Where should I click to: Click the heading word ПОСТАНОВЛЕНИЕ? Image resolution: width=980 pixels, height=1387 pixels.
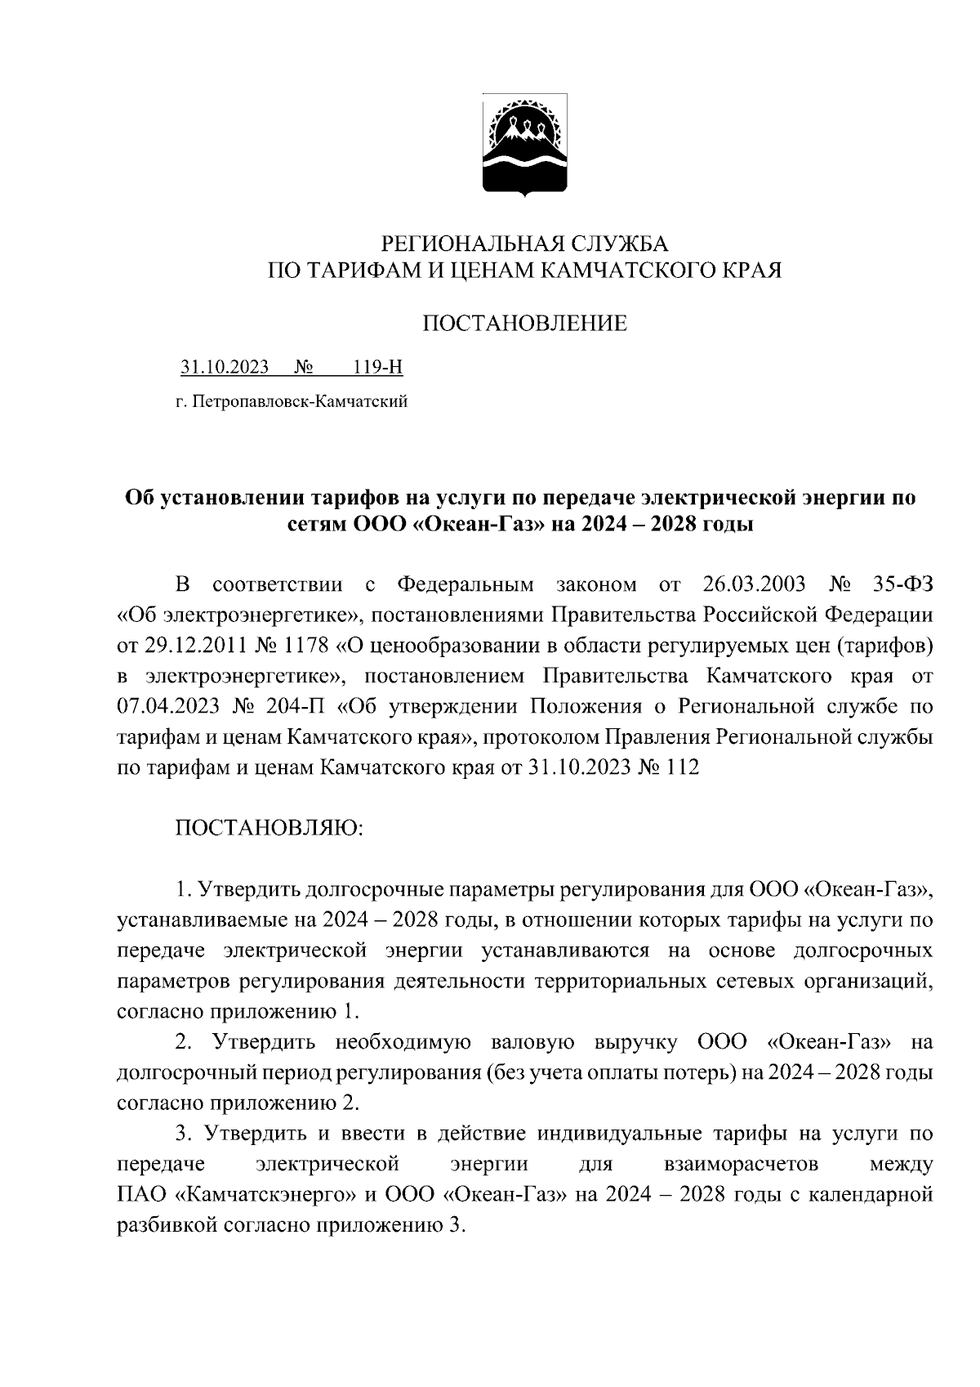[524, 324]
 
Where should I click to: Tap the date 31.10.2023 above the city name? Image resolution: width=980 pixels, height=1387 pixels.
[225, 368]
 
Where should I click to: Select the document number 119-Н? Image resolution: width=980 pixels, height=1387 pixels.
[378, 368]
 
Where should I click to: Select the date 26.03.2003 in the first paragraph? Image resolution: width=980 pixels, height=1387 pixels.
[753, 585]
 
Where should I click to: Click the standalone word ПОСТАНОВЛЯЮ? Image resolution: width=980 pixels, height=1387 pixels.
[269, 828]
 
